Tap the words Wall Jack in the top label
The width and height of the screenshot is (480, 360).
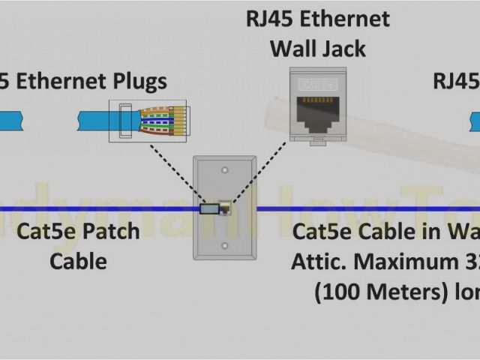pos(317,49)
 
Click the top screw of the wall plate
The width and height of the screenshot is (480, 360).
pos(224,171)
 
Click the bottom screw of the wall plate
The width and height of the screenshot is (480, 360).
pos(224,245)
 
